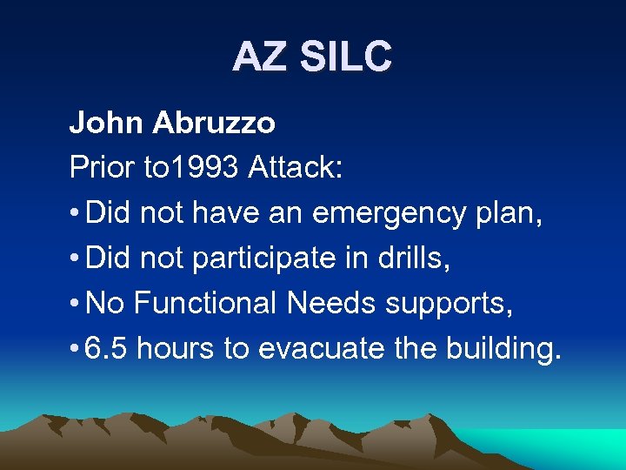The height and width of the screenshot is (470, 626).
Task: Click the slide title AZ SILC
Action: click(312, 57)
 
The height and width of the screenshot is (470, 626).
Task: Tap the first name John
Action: click(108, 124)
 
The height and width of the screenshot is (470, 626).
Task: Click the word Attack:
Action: click(295, 168)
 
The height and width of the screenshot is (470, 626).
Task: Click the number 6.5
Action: click(109, 348)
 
